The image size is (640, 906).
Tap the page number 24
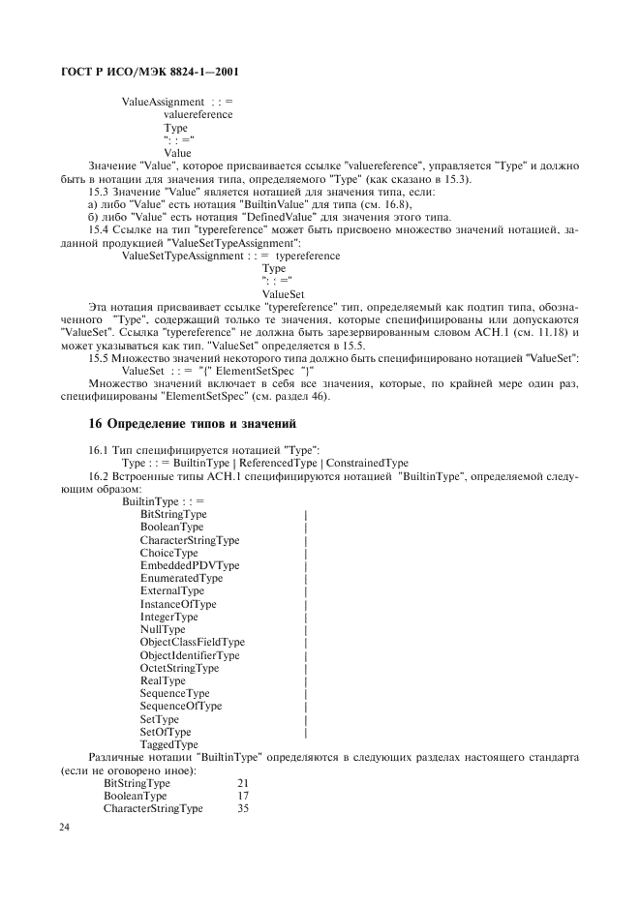pos(65,828)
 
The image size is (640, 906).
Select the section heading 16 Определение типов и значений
pos(192,423)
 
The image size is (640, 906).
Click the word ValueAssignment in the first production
pos(163,102)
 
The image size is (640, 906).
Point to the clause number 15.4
pos(99,229)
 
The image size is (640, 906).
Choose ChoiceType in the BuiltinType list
pos(168,553)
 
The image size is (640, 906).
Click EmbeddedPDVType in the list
pos(189,565)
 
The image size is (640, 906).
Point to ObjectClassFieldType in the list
pos(192,642)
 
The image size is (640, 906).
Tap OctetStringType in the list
pos(179,668)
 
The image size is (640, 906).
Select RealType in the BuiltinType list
pos(163,680)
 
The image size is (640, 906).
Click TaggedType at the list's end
pos(168,744)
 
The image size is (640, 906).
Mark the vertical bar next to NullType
pos(305,629)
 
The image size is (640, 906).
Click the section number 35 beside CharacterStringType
pos(243,807)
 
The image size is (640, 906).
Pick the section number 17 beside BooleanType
pos(243,795)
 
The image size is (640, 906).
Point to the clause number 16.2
pos(99,476)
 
